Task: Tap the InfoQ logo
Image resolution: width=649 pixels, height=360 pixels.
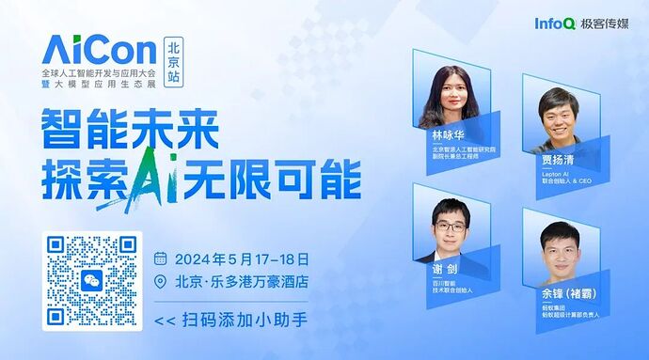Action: pyautogui.click(x=554, y=23)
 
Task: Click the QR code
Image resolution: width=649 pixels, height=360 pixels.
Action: pyautogui.click(x=93, y=278)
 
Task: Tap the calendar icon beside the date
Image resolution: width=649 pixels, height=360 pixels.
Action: pyautogui.click(x=160, y=258)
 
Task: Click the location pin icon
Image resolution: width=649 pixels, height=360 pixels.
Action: pyautogui.click(x=160, y=281)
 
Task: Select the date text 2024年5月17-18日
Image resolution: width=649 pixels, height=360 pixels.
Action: pyautogui.click(x=242, y=258)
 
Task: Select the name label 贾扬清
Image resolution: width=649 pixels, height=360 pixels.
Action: pyautogui.click(x=556, y=160)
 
